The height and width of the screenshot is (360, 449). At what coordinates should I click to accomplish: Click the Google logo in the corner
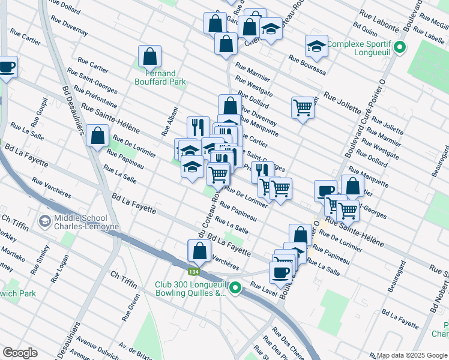(20, 353)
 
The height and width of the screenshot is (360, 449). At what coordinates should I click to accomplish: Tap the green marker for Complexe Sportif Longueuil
(400, 47)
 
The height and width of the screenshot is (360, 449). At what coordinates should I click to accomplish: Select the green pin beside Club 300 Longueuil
(235, 289)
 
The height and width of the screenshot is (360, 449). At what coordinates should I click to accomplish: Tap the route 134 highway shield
(193, 271)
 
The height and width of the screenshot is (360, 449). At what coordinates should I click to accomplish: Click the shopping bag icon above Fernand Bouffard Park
(149, 57)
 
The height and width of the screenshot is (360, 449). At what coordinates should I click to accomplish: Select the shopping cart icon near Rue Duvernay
(303, 108)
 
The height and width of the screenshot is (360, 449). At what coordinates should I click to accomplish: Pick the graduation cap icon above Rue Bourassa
(316, 46)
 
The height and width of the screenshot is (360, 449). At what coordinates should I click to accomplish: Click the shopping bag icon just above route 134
(199, 250)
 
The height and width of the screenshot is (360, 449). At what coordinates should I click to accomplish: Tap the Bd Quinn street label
(364, 28)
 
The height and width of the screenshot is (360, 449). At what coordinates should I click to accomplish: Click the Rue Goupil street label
(37, 112)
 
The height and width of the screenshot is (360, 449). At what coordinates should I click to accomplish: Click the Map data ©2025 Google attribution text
(412, 355)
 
